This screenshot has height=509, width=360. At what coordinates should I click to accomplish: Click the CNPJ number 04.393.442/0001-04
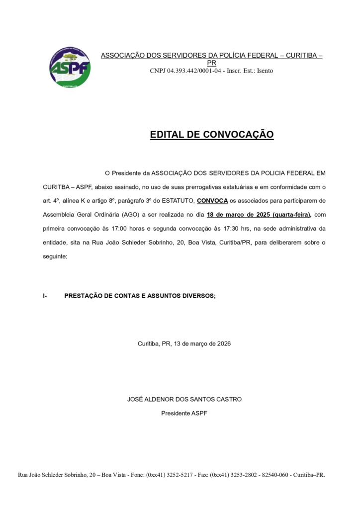click(193, 71)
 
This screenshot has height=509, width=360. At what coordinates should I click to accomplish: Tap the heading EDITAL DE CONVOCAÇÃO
click(212, 135)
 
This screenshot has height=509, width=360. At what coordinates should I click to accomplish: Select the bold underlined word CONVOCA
click(212, 201)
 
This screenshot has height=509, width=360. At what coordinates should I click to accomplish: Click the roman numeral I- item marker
click(45, 296)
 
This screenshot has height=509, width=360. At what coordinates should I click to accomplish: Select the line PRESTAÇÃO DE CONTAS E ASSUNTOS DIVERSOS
click(140, 296)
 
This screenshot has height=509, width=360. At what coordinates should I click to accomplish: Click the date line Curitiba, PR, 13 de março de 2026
click(184, 343)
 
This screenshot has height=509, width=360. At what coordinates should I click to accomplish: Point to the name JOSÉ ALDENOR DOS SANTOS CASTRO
click(184, 399)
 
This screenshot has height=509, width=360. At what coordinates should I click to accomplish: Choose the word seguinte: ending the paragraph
click(54, 256)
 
